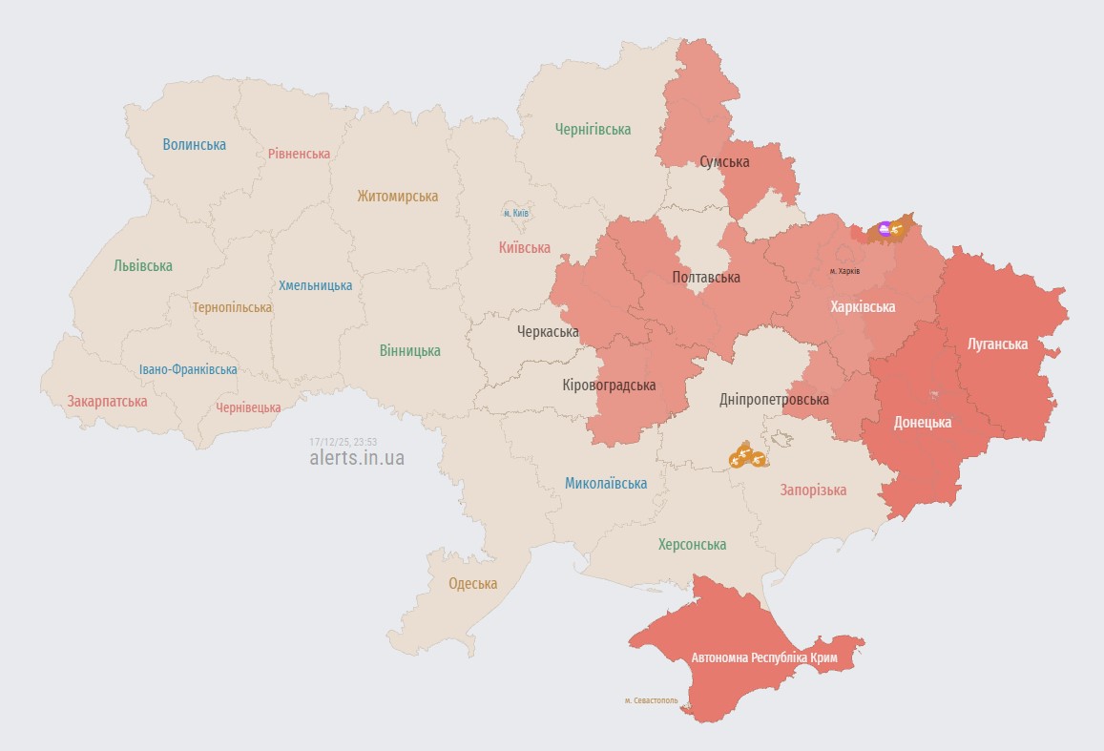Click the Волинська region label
point(194,145)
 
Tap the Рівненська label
point(299,154)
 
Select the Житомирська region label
point(398,197)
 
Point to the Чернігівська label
point(593,130)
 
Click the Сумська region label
point(724,162)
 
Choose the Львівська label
point(143,266)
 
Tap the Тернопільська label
point(232,308)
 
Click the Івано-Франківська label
point(188,370)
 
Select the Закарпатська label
point(107,402)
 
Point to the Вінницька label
point(409,351)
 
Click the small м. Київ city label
point(515,213)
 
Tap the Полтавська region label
point(706,278)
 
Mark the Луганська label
point(997,344)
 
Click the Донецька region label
point(922,422)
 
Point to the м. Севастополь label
point(652,700)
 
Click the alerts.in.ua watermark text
point(357,458)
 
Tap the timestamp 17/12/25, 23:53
point(344,442)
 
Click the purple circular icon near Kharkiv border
point(885,227)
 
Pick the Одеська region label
point(473,584)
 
